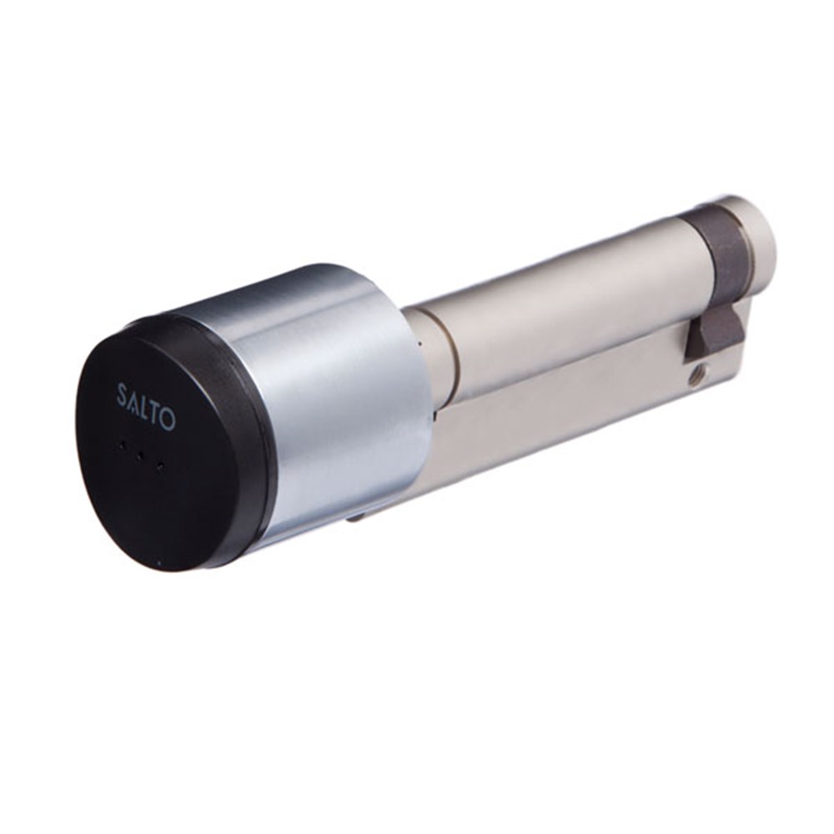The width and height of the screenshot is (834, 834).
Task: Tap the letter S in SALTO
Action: (121, 395)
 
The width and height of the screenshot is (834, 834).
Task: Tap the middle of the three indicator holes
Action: (140, 456)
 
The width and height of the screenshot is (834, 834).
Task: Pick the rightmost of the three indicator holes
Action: (159, 468)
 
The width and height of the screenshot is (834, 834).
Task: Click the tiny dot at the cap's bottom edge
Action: (158, 561)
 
